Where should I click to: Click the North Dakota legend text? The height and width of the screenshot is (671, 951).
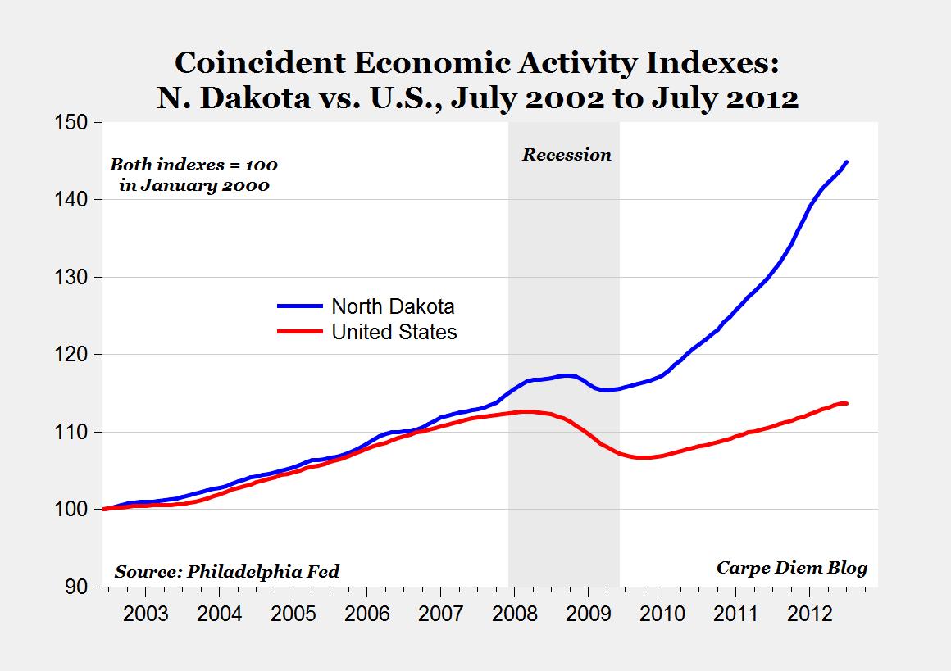tap(393, 307)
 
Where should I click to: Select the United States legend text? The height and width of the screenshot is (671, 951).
tap(394, 332)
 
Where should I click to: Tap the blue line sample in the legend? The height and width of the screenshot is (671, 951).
tap(300, 306)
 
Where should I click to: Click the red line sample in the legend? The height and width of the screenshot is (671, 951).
tap(300, 332)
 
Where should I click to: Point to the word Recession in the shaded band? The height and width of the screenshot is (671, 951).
tap(567, 155)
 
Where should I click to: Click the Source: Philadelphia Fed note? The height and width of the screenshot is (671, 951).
tap(226, 571)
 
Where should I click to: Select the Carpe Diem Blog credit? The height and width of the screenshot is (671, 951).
tap(791, 568)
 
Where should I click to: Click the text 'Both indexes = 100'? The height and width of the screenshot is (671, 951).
tap(194, 165)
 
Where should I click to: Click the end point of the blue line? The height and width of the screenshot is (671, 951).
tap(847, 161)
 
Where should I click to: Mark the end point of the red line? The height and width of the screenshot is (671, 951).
tap(847, 403)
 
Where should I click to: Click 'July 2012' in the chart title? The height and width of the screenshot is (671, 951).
tap(725, 98)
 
